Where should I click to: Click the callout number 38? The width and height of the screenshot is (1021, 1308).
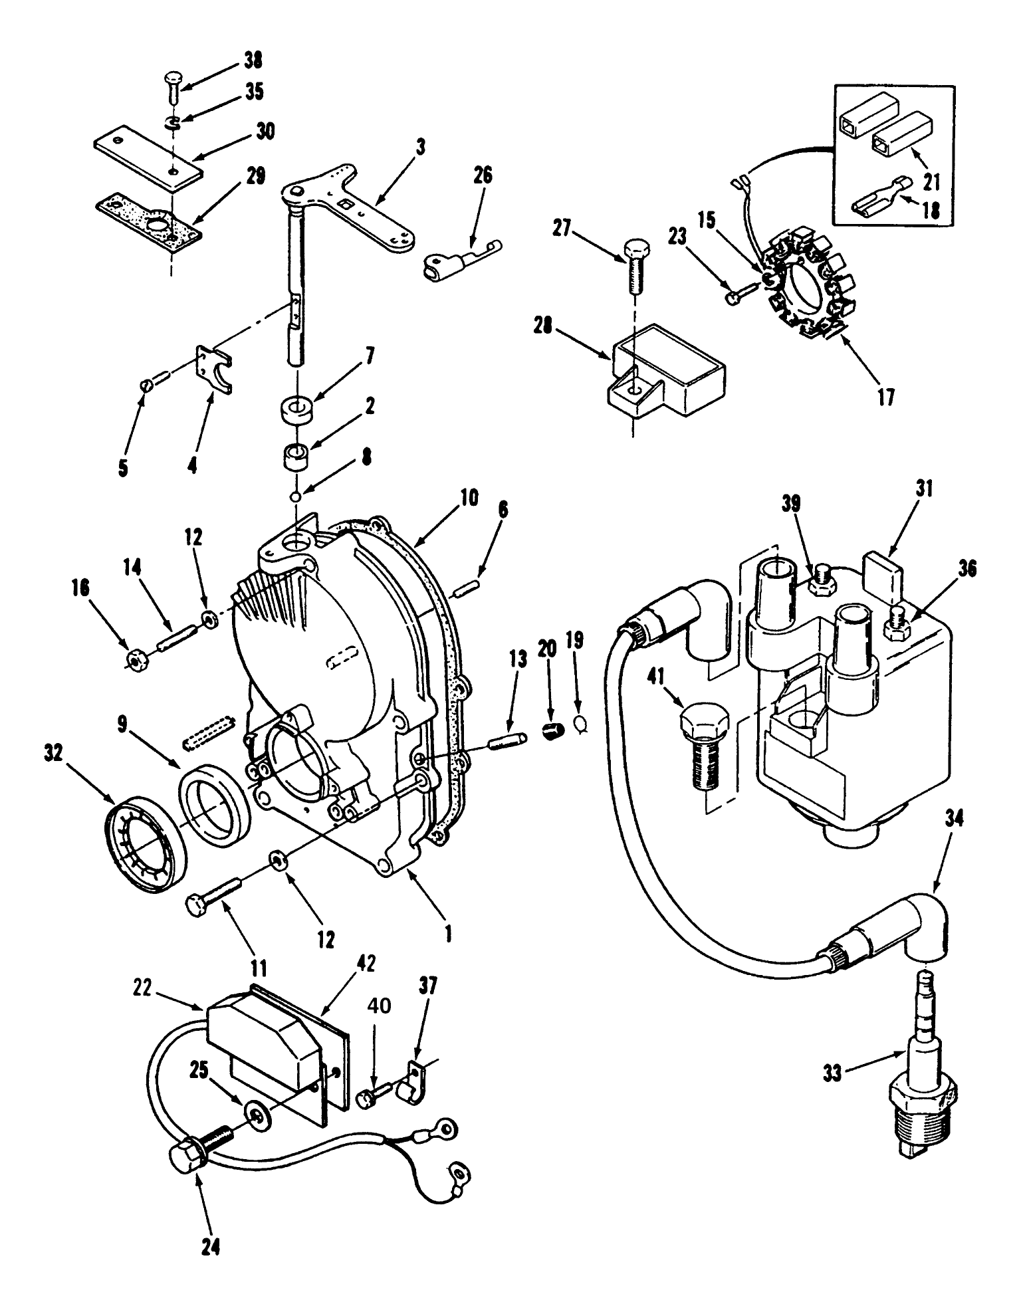coord(253,61)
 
